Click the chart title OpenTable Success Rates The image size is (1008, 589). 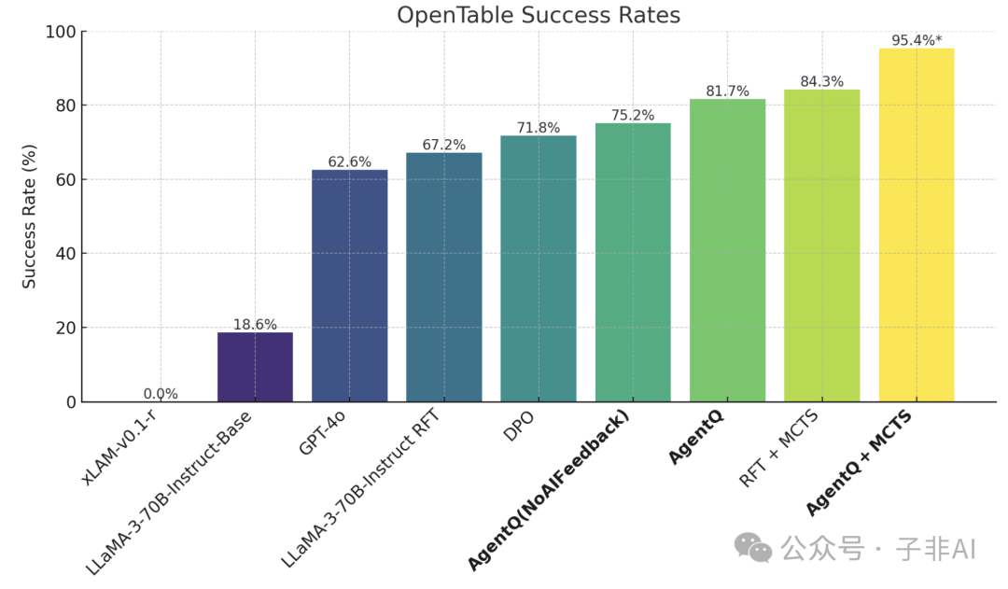[x=539, y=15]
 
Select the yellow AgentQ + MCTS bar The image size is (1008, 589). [x=917, y=224]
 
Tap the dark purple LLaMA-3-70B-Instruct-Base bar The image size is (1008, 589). [x=255, y=367]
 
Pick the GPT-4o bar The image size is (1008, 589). [x=349, y=286]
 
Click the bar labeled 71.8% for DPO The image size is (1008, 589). [x=539, y=269]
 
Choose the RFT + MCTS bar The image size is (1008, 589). [x=821, y=245]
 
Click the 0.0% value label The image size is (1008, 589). [x=161, y=394]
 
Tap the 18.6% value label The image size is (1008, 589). [x=255, y=325]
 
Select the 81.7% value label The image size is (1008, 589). [x=727, y=91]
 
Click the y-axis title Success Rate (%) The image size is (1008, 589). [x=30, y=217]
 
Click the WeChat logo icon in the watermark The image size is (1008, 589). [x=753, y=548]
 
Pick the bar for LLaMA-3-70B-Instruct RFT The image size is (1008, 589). [x=444, y=277]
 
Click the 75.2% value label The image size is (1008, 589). [x=633, y=115]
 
